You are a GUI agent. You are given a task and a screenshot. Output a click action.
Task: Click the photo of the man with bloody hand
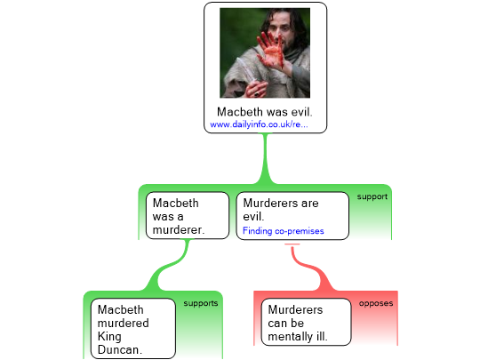[x=265, y=53]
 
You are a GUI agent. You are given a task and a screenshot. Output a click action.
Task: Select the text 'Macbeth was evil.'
[x=265, y=113]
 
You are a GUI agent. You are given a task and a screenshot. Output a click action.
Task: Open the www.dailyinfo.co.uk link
[x=259, y=125]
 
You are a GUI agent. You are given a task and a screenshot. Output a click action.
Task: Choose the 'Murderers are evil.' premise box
[x=292, y=216]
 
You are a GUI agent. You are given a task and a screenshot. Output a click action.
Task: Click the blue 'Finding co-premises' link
[x=283, y=231]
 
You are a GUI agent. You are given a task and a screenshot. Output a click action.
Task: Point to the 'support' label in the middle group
[x=372, y=196]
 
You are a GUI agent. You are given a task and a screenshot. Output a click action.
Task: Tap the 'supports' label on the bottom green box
[x=201, y=303]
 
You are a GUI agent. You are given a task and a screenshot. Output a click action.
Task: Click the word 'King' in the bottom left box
[x=113, y=336]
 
